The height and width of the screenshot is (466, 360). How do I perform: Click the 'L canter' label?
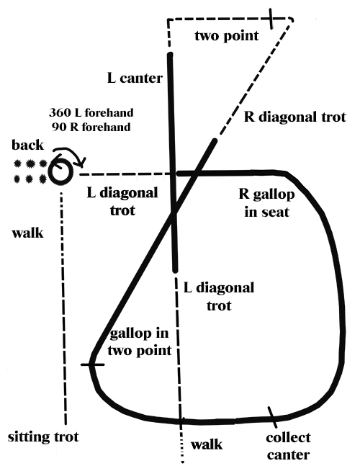point(135,79)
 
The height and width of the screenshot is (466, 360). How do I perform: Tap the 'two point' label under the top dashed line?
point(227,36)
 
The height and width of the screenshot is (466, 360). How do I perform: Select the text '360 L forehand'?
point(91,112)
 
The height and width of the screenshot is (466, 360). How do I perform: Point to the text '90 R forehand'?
point(91,127)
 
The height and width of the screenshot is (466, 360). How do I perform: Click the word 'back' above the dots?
point(27,145)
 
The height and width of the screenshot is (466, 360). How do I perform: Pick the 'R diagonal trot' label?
point(295,117)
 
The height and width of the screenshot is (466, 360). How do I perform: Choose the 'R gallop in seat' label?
point(266,203)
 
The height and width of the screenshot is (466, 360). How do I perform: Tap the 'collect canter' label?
point(288,447)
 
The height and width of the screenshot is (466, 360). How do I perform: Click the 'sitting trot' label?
point(43,437)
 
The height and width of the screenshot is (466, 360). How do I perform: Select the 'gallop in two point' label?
point(140,342)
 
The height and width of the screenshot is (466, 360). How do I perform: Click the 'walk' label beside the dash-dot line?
point(27,233)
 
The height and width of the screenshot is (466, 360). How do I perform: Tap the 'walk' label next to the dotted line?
point(207,444)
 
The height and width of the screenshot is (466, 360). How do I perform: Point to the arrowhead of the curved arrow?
point(81,163)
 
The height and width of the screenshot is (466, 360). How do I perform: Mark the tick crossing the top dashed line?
point(271,19)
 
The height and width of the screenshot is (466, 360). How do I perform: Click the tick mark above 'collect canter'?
point(272,417)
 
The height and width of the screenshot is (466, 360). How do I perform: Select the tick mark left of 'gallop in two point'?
point(92,364)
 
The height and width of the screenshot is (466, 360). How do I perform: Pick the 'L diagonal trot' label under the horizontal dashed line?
point(122,202)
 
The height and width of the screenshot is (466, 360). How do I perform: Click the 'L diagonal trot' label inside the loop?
point(219,297)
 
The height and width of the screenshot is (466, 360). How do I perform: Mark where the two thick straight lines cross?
point(174,211)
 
